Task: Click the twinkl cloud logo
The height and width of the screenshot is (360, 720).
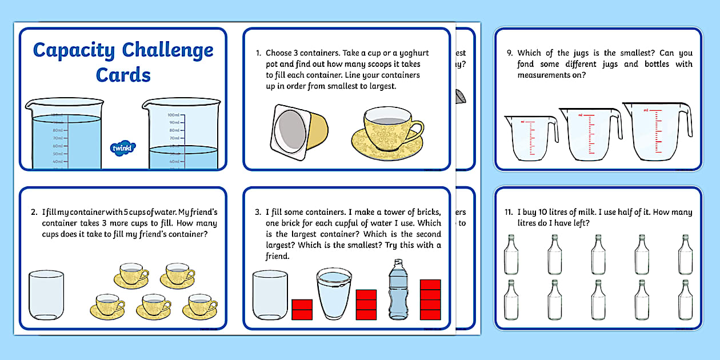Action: tap(122, 148)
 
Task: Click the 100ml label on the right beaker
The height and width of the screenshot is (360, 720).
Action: tap(173, 115)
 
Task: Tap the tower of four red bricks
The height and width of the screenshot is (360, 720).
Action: tap(430, 299)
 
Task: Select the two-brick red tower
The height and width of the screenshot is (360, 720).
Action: tap(302, 309)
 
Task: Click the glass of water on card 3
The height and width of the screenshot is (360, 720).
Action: tap(334, 294)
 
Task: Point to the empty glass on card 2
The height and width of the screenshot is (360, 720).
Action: tap(46, 294)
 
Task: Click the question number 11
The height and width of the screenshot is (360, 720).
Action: tap(508, 212)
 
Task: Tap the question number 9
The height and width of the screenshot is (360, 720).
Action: tap(510, 53)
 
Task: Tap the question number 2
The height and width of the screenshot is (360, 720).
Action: tap(34, 212)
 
